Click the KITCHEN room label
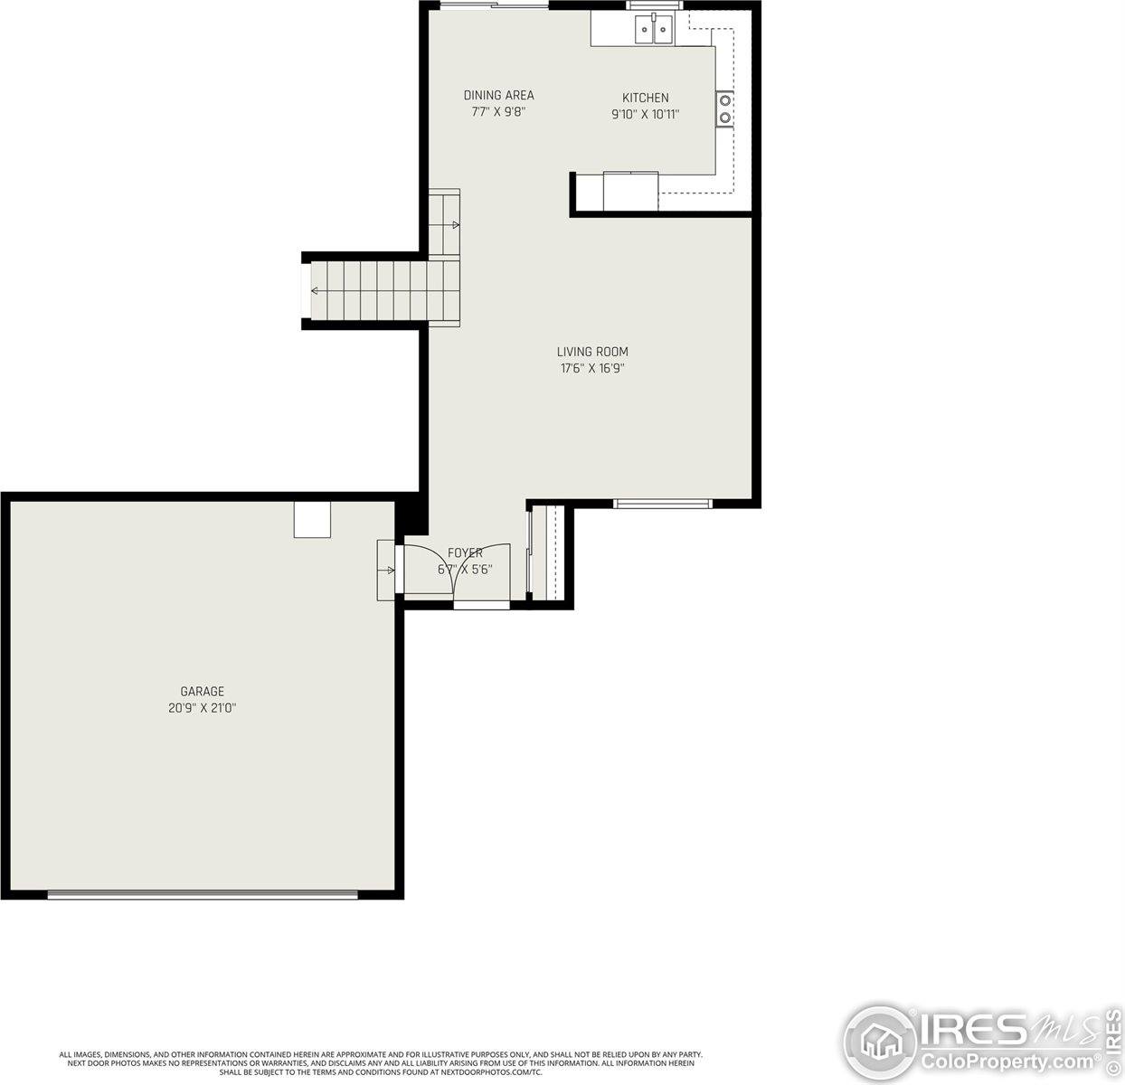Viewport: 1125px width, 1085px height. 645,98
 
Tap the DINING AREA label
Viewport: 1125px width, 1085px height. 498,95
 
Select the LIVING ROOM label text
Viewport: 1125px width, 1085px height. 591,352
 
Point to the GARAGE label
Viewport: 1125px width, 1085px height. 202,692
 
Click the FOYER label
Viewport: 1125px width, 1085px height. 465,553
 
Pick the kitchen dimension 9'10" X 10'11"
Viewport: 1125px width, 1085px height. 645,115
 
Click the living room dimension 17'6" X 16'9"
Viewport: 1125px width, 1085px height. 591,368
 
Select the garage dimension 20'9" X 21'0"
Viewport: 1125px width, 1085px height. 202,708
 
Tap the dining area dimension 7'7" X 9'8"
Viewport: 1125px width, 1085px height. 498,112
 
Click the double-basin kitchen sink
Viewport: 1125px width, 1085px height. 655,31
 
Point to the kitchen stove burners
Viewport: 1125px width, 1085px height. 725,108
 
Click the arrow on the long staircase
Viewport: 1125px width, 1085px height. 315,291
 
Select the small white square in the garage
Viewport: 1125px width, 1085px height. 312,520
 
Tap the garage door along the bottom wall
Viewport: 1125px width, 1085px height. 203,894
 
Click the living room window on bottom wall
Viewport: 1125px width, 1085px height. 663,503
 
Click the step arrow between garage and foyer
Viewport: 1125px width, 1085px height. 389,571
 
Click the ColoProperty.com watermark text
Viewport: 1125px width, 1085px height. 1008,1061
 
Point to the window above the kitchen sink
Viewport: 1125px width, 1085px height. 655,6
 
